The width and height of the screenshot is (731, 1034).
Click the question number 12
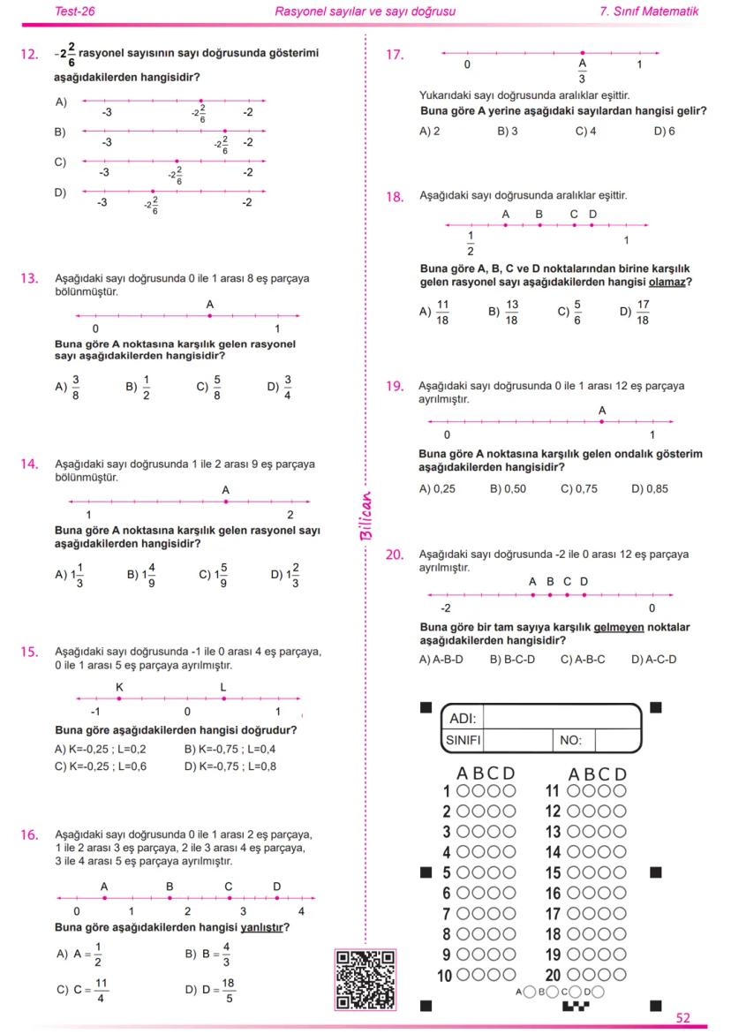tap(28, 55)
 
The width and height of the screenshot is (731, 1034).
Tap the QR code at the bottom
tap(365, 979)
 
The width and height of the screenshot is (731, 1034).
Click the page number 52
tap(683, 1017)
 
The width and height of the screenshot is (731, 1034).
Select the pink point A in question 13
tap(210, 316)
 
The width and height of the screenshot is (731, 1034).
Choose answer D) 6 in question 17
tap(665, 131)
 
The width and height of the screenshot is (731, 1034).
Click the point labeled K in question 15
tap(119, 698)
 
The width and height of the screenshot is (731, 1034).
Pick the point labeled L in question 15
tap(223, 698)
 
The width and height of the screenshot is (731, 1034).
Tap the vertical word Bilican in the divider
tap(366, 516)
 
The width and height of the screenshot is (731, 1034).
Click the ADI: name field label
tap(463, 718)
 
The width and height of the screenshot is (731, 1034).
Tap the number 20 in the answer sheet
tap(554, 976)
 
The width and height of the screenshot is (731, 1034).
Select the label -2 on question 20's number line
tap(445, 608)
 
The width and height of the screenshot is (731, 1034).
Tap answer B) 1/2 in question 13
tap(138, 387)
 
